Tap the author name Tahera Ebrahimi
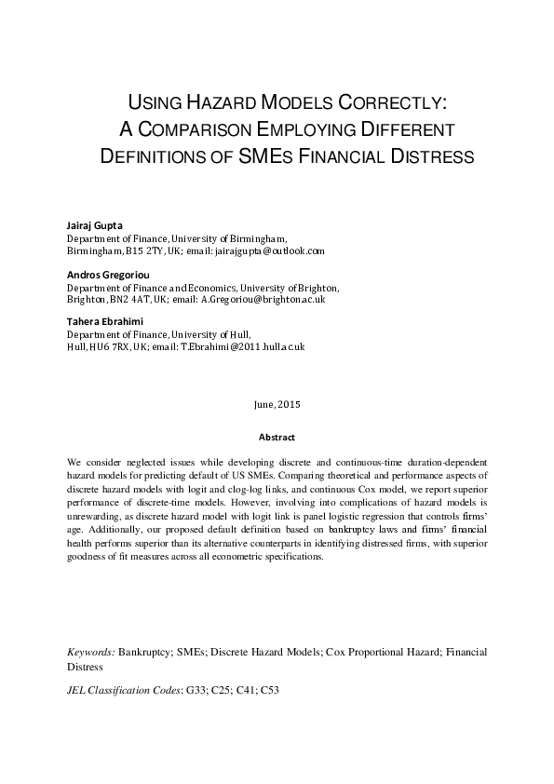point(103,322)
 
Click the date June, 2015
point(277,405)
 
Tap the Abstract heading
point(277,438)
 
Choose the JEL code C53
point(270,691)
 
